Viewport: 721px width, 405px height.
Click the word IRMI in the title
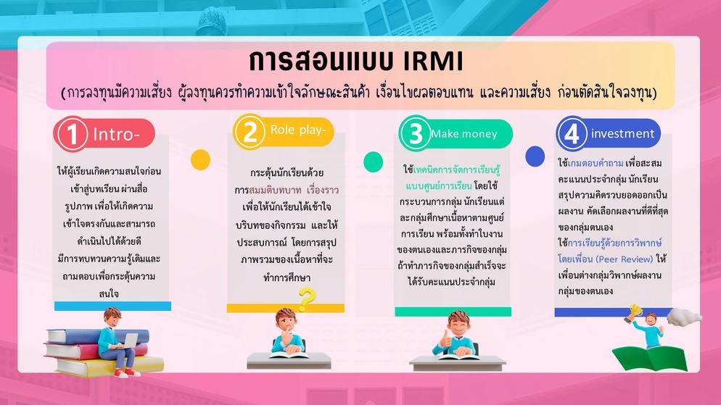[433, 61]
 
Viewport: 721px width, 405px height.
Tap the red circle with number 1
[71, 134]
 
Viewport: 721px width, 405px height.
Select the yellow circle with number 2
[250, 132]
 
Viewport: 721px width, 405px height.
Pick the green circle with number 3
[416, 133]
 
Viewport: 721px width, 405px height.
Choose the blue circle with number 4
[572, 134]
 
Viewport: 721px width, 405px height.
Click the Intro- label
[116, 135]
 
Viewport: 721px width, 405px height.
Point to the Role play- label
[298, 130]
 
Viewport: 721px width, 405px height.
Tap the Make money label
[464, 133]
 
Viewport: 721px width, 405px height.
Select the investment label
[622, 133]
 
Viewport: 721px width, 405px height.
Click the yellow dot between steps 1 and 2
[200, 160]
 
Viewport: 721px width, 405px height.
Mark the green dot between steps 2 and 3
[373, 162]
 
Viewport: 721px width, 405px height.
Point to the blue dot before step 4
[535, 156]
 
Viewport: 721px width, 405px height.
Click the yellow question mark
[307, 299]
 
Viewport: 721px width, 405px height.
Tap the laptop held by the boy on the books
[130, 341]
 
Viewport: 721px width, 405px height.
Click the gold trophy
[635, 312]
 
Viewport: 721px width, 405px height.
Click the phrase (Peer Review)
[624, 259]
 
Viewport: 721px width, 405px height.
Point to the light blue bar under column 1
[112, 306]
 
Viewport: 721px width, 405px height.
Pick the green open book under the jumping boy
[650, 358]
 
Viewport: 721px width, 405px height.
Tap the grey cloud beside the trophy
[684, 317]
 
